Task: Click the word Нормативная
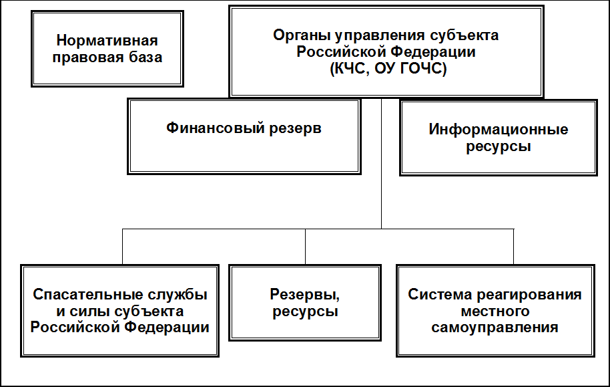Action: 109,41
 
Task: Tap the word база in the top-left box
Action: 144,57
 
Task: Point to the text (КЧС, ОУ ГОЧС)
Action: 386,68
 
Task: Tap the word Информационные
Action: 498,129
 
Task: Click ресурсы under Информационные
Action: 498,146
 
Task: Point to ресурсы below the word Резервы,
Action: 305,311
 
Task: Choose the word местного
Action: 495,311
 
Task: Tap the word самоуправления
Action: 495,328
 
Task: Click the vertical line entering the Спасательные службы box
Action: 122,247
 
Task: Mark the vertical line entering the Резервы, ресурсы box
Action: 305,247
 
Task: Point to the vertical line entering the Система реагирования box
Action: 514,247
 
